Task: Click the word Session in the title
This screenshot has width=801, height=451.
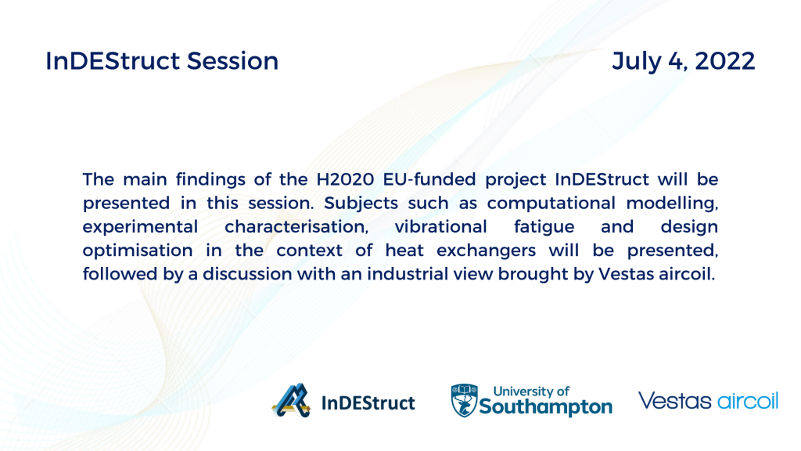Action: [232, 61]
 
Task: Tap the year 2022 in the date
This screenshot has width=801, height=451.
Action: [725, 61]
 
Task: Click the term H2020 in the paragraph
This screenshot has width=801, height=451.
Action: [346, 179]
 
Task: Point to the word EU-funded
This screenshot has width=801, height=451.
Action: [429, 179]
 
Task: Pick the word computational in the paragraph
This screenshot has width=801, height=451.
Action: [551, 204]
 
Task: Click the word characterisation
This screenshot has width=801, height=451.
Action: [296, 226]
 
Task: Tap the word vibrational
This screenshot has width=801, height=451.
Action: [441, 226]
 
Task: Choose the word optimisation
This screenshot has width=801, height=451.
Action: [138, 251]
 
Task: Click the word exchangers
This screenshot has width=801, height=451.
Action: [487, 251]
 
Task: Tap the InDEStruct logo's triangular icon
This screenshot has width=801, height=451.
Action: [291, 400]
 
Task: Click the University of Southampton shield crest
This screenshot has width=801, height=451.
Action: [464, 400]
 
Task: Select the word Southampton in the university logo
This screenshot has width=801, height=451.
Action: [545, 407]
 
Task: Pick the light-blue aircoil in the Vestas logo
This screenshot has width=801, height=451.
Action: [748, 401]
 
